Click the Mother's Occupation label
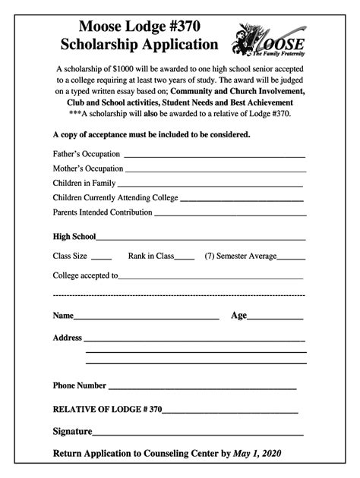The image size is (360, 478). coord(87,168)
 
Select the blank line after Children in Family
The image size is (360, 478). coord(210,185)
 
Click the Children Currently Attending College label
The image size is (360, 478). coord(115,198)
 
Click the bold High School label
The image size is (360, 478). coord(74,237)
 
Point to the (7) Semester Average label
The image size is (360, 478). coord(240,256)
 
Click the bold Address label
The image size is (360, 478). coord(67,338)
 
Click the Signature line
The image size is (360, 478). coord(197,435)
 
